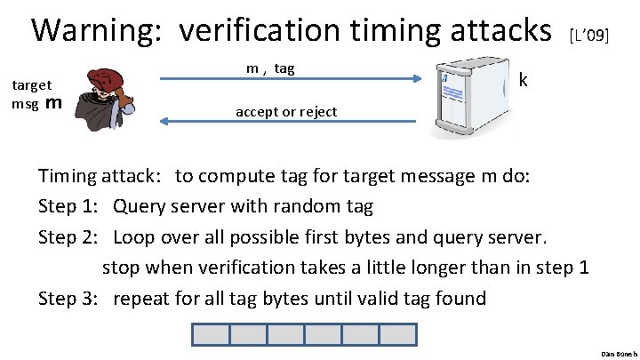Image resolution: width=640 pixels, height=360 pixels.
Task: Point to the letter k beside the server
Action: [524, 81]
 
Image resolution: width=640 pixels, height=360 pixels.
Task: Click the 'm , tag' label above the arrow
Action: [270, 68]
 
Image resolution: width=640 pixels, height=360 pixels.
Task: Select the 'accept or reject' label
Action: [285, 112]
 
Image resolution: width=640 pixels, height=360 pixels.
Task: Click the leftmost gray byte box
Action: [211, 335]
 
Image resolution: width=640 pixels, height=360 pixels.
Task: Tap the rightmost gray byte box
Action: [397, 335]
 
